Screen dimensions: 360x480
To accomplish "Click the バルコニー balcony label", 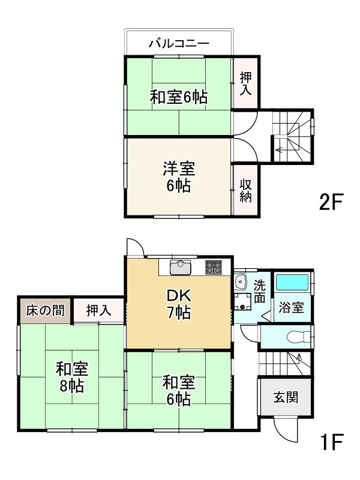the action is click(x=179, y=43).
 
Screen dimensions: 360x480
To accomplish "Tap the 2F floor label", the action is click(x=331, y=202).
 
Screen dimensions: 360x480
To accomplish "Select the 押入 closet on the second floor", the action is click(x=245, y=83).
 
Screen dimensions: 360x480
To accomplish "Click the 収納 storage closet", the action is click(x=245, y=191).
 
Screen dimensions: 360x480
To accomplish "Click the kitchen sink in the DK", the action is click(x=181, y=268).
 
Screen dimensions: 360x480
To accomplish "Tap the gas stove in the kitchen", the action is click(x=214, y=267).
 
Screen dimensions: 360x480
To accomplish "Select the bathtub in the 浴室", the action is click(x=292, y=282).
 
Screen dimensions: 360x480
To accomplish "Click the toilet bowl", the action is click(x=298, y=337).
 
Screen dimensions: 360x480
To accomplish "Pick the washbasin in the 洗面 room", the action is click(x=241, y=281).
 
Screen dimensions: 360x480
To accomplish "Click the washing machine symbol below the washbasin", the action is click(x=243, y=302).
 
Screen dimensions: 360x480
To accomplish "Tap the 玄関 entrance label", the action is click(x=286, y=397).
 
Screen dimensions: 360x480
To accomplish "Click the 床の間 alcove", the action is click(x=45, y=310).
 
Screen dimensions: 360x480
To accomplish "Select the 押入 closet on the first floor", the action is click(x=98, y=310).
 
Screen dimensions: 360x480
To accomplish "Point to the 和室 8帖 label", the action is click(x=72, y=377).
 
